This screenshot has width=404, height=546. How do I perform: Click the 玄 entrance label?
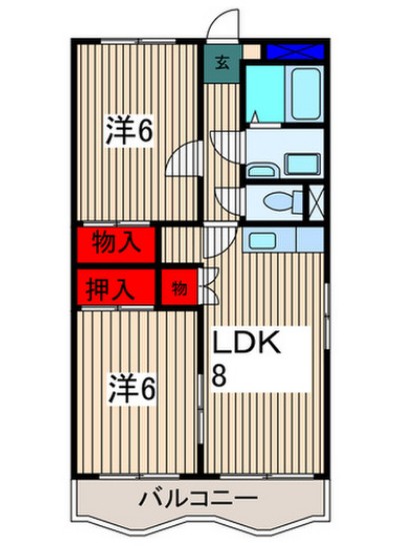click(223, 62)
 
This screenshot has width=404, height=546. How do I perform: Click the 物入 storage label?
click(116, 243)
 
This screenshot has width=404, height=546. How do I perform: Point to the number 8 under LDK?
click(219, 376)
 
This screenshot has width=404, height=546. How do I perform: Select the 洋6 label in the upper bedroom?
click(131, 131)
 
